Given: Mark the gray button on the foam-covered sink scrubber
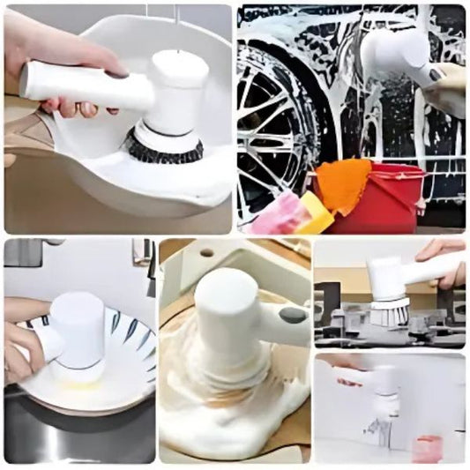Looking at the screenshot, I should (x=291, y=314).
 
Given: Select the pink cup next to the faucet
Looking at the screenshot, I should (x=425, y=447).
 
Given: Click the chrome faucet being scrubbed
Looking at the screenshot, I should (x=379, y=432).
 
